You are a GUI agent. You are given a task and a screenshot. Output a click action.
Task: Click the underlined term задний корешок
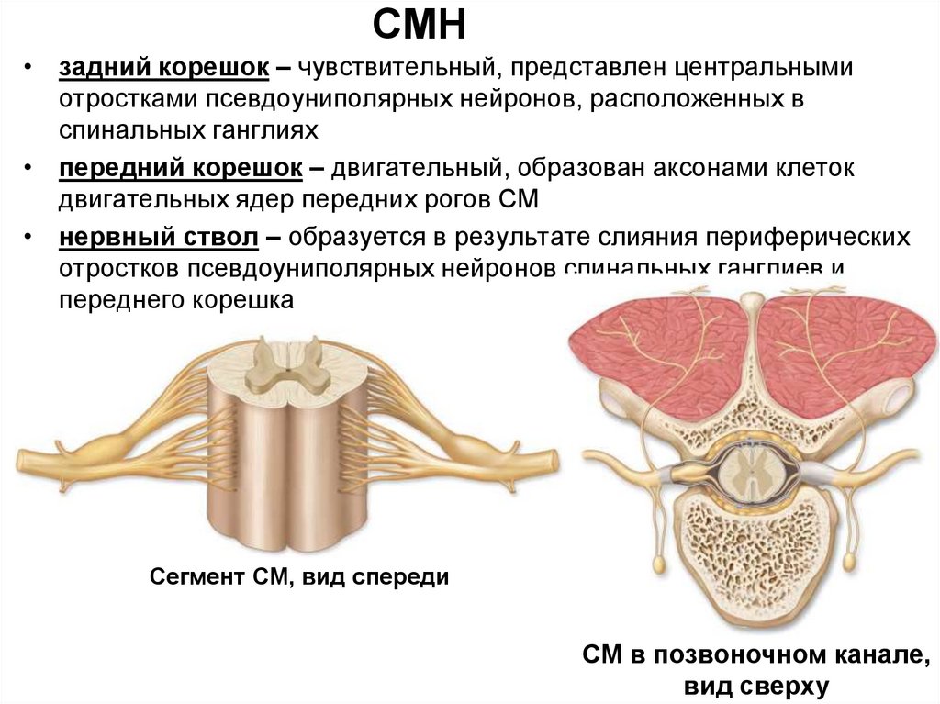pos(164,69)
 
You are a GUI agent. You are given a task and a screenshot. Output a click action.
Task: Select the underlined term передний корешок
pos(181,169)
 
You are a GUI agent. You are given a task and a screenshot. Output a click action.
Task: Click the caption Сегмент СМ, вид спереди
pos(299,577)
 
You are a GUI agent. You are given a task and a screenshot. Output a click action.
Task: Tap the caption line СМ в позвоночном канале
pos(751,656)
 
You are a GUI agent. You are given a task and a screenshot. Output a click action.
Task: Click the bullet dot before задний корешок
pos(30,69)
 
